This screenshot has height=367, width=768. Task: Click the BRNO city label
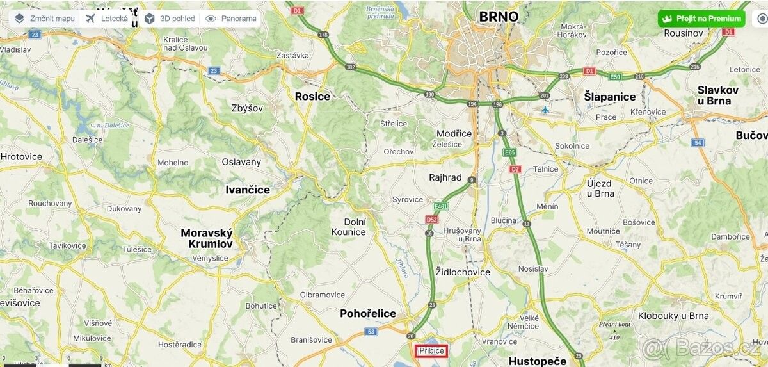[x=499, y=16]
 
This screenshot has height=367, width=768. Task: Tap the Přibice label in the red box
[x=431, y=350]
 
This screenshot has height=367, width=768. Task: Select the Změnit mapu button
[x=45, y=19]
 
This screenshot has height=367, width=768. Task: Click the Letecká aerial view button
[x=107, y=19]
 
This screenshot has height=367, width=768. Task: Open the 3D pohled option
[x=170, y=19]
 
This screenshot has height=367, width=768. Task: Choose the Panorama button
[x=231, y=19]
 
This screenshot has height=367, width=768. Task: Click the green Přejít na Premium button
[x=701, y=19]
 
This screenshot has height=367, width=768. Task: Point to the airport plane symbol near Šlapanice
[x=545, y=110]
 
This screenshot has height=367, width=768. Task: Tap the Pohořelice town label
[x=368, y=313]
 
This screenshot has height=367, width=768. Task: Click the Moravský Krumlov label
[x=207, y=238]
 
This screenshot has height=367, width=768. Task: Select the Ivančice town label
[x=248, y=190]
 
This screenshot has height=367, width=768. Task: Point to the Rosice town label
[x=312, y=96]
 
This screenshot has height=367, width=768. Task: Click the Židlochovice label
[x=463, y=272]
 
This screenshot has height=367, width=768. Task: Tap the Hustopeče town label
[x=537, y=361]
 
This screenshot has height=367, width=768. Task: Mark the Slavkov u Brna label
[x=717, y=95]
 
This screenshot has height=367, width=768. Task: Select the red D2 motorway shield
[x=515, y=169]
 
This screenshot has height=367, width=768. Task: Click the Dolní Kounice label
[x=349, y=227]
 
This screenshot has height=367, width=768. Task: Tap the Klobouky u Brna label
[x=673, y=316]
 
